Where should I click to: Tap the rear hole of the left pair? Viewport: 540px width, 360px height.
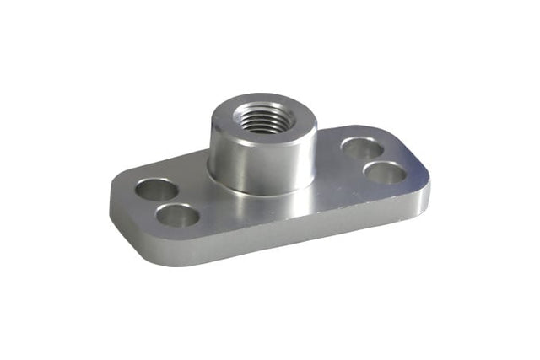(x=157, y=190)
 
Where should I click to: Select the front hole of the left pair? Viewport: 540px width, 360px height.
(x=179, y=216)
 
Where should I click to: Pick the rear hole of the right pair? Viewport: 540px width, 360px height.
(x=363, y=148)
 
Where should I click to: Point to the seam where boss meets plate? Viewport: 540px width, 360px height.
(x=262, y=192)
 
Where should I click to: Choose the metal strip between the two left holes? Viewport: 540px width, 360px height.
(x=168, y=203)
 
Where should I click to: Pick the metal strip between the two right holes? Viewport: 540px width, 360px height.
(x=375, y=160)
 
